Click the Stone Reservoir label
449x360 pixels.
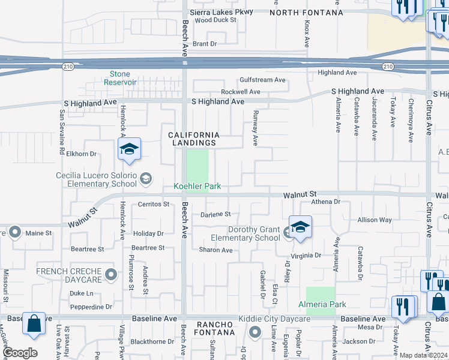coord(120,78)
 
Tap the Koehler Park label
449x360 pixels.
coord(197,187)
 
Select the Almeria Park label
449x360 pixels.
coord(322,305)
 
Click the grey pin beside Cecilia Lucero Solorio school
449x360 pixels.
coord(145,178)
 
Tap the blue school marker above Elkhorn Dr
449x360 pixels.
coord(129,150)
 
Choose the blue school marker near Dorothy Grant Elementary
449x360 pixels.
coord(300,227)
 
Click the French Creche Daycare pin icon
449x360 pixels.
coord(110,275)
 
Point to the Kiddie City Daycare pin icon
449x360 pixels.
coord(255,331)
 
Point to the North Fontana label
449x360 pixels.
coord(306,12)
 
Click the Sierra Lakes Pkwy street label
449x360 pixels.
coord(221,11)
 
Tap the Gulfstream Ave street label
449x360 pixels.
coord(262,80)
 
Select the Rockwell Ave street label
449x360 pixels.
coord(240,92)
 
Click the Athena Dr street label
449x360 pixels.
coord(325,203)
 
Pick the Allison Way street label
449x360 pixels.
coord(374,220)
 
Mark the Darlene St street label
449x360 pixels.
coord(215,214)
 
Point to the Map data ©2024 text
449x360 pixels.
coord(423,355)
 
